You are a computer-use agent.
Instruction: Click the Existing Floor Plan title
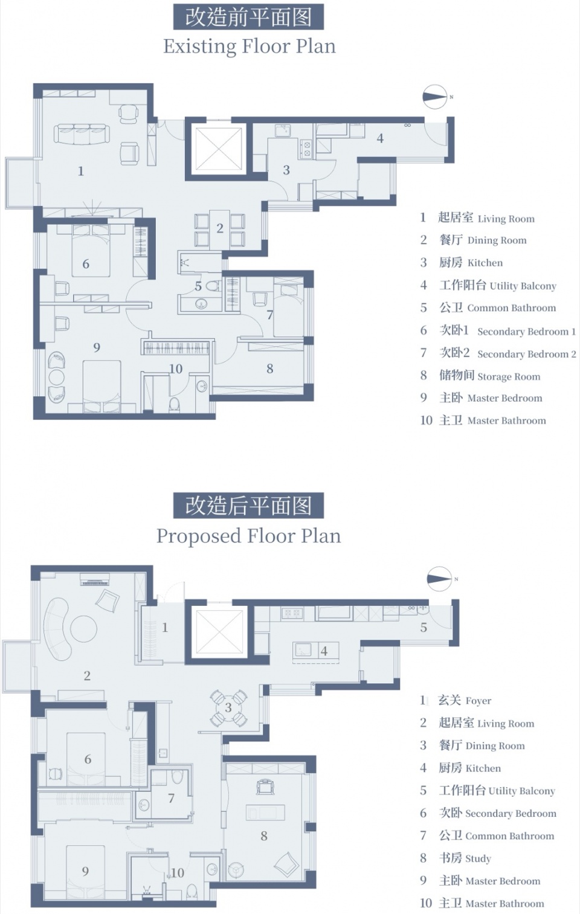point(250,46)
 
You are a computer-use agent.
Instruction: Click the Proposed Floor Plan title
point(248,535)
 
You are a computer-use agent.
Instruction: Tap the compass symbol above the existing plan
point(435,97)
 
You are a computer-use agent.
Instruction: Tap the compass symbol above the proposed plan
point(440,579)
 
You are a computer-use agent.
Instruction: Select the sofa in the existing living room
point(82,134)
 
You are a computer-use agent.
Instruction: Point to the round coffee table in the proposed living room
point(83,629)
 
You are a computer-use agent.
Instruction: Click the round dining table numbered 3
point(228,707)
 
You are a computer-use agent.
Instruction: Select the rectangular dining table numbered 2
point(219,229)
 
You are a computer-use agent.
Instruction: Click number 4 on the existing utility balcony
point(380,138)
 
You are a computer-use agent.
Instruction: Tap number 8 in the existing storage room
point(270,368)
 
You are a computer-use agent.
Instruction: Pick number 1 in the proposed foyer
point(165,627)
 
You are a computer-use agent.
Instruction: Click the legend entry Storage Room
point(490,375)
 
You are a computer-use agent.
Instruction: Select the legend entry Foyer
point(465,700)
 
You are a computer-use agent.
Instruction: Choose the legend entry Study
point(465,858)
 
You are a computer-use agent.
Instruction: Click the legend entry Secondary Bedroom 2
point(507,353)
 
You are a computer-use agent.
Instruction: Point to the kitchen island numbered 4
point(315,650)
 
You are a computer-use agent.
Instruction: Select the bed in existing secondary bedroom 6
point(91,250)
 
